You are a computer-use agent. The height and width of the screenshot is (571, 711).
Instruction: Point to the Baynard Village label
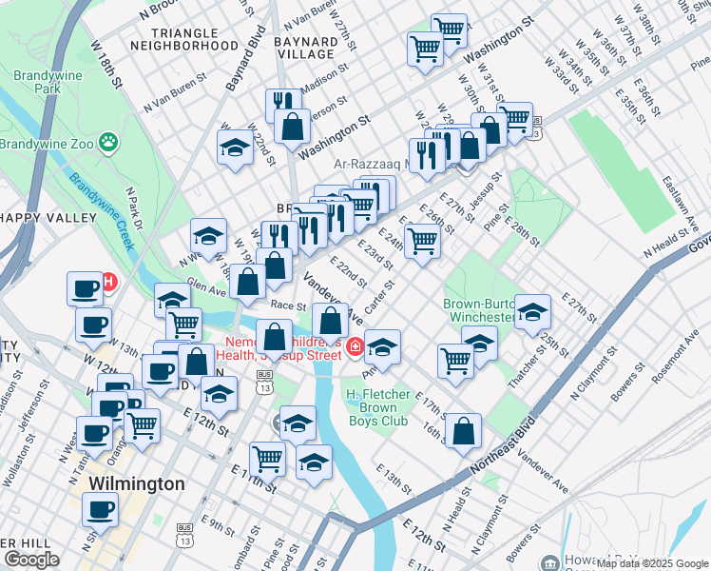point(305,49)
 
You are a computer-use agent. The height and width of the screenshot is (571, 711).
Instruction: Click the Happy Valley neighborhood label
point(48,218)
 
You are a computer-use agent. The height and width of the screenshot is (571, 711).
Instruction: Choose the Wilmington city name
point(136,484)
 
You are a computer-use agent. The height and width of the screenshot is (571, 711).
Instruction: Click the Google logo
point(31,560)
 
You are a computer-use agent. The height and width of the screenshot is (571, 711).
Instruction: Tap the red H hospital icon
point(108,283)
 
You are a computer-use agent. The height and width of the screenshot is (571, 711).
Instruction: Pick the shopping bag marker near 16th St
point(463,430)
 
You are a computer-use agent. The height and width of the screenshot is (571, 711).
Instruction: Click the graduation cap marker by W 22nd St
point(234,148)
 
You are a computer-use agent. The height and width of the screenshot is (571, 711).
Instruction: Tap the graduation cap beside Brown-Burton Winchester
point(533,311)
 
